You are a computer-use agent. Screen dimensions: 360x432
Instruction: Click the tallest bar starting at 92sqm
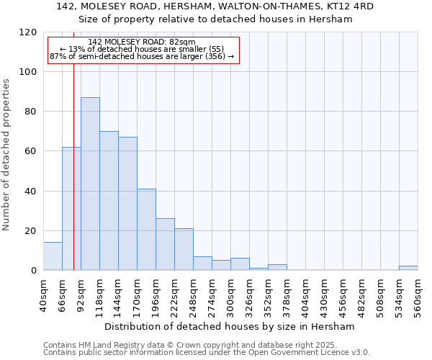tap(90, 184)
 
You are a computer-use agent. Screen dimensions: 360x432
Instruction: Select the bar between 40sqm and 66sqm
tap(53, 256)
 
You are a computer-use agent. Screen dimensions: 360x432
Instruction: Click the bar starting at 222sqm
tap(184, 249)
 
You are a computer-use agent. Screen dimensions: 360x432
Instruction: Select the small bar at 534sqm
tap(408, 268)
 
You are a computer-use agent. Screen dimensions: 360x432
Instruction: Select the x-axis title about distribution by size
tap(230, 327)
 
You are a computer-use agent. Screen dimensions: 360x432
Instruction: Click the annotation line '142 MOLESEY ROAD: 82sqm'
tap(142, 42)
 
